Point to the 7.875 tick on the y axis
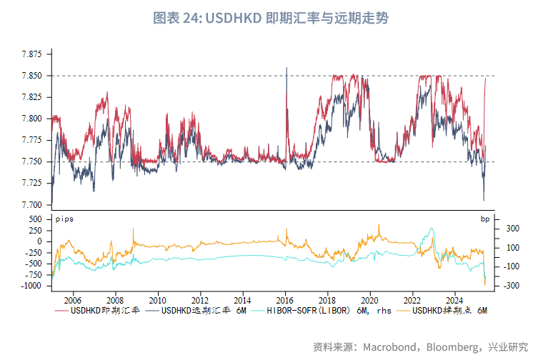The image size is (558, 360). point(31,54)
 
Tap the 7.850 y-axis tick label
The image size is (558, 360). point(31,76)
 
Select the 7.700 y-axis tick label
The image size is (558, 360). point(31,205)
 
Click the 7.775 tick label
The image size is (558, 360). point(31,140)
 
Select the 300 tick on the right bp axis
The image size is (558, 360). point(513,229)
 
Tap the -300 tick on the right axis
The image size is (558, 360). point(512,286)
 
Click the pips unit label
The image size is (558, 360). point(64,217)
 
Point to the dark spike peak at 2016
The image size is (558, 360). point(287,69)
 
